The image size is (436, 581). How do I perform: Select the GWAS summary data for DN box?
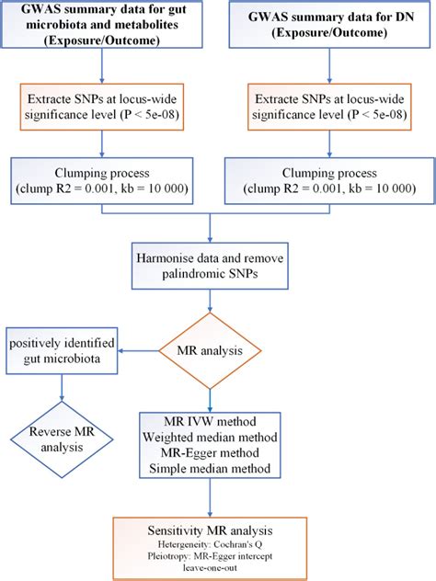coord(327,29)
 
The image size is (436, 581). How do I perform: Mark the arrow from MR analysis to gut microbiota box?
coord(139,349)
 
